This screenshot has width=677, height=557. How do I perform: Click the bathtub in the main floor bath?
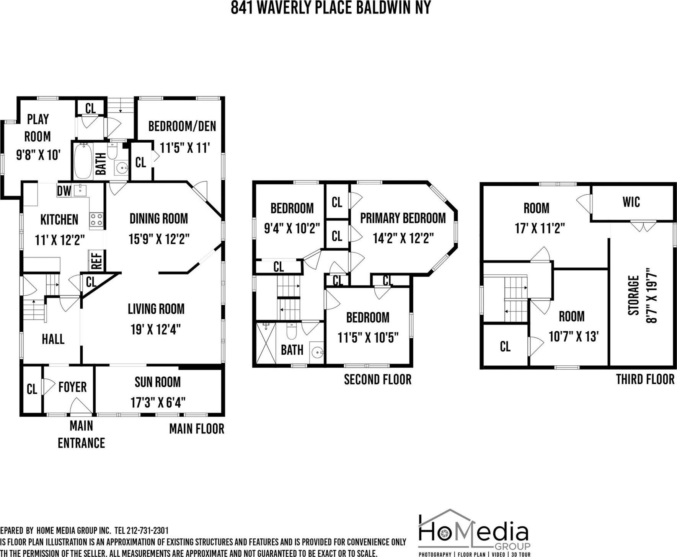click(83, 161)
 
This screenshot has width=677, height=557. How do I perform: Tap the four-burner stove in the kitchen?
click(96, 219)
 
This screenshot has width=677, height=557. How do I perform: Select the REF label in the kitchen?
click(96, 261)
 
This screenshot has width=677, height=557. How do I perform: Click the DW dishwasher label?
click(64, 191)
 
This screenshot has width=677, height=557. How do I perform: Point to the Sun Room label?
click(157, 382)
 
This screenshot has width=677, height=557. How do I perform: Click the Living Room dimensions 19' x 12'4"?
click(155, 329)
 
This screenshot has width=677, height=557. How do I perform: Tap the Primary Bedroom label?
click(403, 218)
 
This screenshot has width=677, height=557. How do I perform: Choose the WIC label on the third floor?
click(631, 202)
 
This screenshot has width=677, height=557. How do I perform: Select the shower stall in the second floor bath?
click(266, 343)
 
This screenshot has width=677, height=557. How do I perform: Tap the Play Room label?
click(38, 127)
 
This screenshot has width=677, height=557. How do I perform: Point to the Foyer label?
click(72, 387)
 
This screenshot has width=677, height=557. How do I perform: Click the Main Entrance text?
click(81, 434)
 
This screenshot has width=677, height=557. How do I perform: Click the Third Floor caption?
click(645, 379)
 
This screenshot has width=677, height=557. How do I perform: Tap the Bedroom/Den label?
click(182, 126)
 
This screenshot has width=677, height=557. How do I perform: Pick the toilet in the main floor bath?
click(112, 151)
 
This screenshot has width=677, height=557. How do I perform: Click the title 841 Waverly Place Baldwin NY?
click(331, 8)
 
